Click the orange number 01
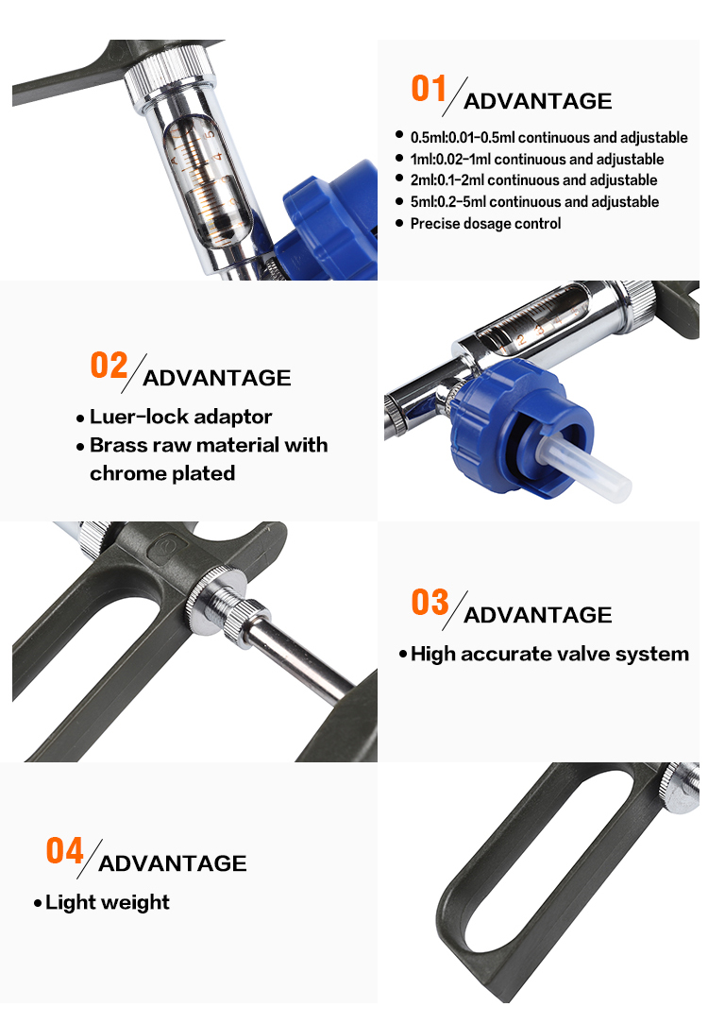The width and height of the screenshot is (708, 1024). click(x=428, y=88)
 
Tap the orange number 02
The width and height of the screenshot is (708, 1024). click(x=109, y=365)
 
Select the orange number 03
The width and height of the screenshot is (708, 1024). click(x=430, y=602)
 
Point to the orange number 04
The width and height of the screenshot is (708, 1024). click(x=64, y=851)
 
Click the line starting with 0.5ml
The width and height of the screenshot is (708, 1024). click(x=548, y=137)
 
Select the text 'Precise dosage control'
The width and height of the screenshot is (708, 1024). click(x=485, y=223)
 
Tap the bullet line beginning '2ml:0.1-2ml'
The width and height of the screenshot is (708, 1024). click(x=533, y=179)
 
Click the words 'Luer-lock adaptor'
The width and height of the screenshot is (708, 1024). click(x=180, y=416)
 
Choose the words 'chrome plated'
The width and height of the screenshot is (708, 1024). click(x=162, y=473)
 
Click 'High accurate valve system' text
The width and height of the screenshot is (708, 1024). click(x=549, y=654)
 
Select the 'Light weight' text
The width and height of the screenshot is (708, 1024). click(x=107, y=902)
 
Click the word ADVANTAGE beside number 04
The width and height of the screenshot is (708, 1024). click(x=172, y=863)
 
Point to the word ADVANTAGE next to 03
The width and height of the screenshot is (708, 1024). click(x=538, y=615)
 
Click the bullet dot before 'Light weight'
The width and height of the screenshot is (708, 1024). click(x=37, y=903)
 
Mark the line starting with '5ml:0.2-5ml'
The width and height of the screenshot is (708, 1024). click(x=534, y=201)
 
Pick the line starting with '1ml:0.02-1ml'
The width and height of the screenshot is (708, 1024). click(x=537, y=159)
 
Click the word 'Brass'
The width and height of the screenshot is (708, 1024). click(x=115, y=445)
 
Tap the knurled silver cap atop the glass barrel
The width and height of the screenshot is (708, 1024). click(x=170, y=72)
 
